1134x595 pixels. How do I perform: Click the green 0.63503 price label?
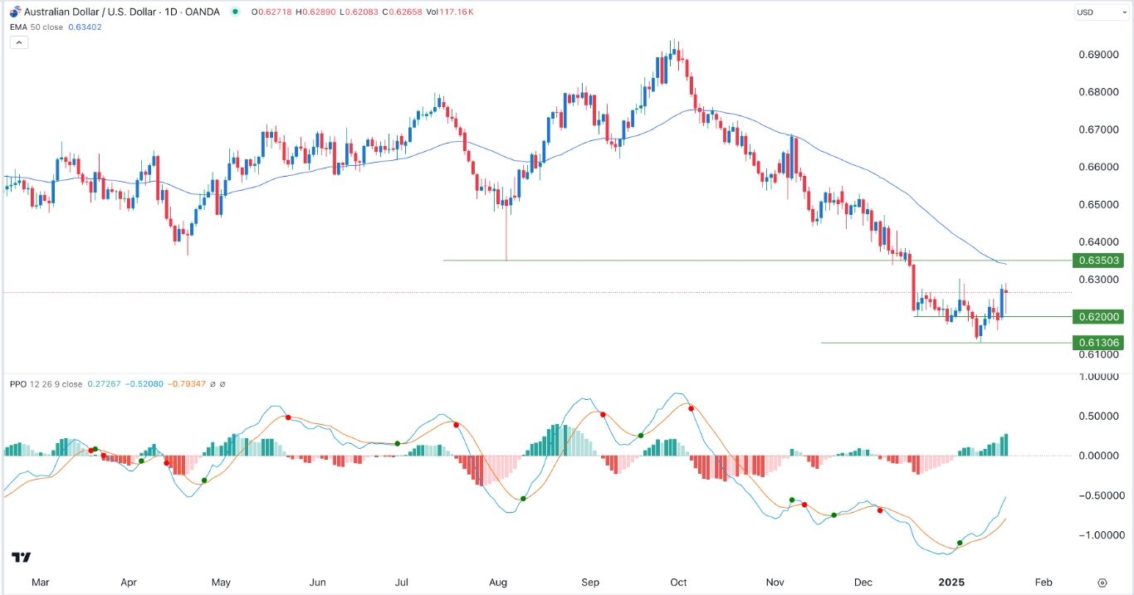(x=1098, y=261)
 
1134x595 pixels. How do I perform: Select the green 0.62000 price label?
(x=1098, y=317)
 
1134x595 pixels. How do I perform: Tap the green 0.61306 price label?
(x=1098, y=343)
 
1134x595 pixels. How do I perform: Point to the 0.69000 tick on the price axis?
(x=1097, y=55)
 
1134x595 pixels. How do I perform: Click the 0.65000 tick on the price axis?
(x=1097, y=204)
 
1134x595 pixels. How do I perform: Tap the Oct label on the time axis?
(x=678, y=583)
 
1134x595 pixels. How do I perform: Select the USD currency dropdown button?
(x=1089, y=12)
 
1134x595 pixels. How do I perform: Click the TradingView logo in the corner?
(x=22, y=558)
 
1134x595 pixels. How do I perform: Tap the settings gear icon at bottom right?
(x=1102, y=583)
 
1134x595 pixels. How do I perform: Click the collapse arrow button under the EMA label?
(x=19, y=41)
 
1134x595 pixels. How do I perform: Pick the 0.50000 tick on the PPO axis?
(x=1097, y=416)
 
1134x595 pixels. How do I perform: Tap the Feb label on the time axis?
(x=1044, y=583)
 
